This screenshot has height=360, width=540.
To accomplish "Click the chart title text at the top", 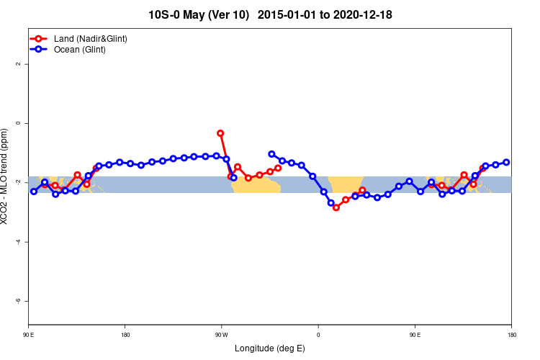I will coord(270,14).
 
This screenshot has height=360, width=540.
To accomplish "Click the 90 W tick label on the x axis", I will coord(221,335).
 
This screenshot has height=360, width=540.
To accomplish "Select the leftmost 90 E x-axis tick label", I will coord(29,335).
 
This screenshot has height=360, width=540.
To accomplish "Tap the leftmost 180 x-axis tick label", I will coord(125,335).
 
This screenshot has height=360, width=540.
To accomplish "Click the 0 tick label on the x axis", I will coord(318,335).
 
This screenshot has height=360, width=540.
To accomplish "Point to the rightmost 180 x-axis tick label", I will coord(511,335).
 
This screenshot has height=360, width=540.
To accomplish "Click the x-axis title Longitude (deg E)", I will coord(270,348).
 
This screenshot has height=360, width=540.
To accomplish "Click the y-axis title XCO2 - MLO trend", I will coord(6,176).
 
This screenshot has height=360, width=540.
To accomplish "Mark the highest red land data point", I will coord(220,133).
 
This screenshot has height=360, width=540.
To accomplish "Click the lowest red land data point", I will coord(336,207).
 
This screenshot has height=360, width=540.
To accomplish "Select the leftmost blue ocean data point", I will coord(34,192).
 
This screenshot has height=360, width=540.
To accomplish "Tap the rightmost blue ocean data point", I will coord(506,162).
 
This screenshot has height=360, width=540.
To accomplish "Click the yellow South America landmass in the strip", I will coord(256,186).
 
